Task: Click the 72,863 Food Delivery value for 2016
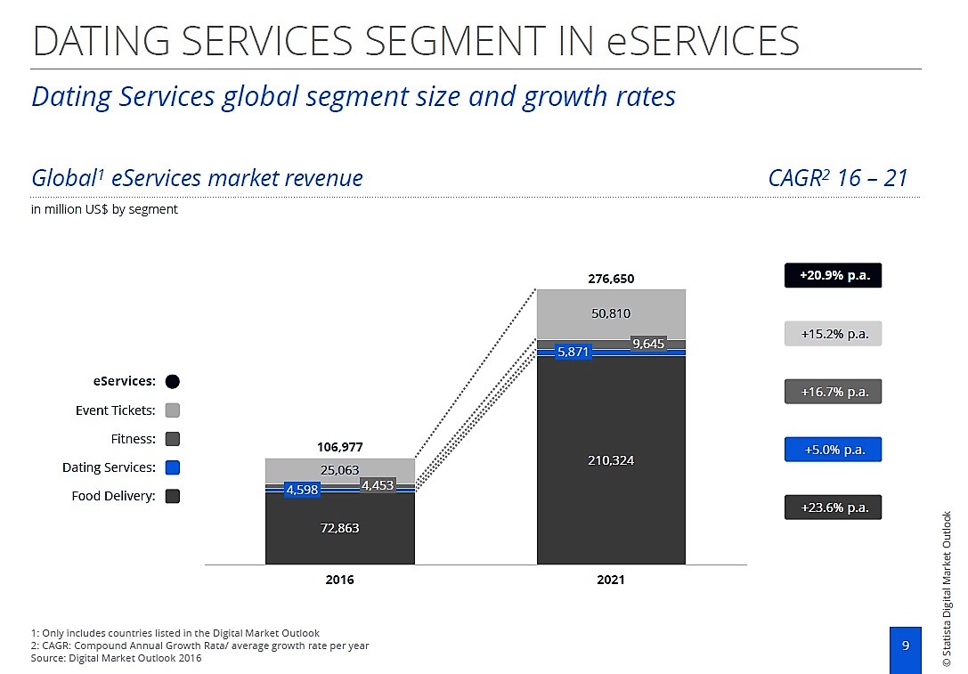(x=339, y=528)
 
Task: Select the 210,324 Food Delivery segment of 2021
(x=611, y=460)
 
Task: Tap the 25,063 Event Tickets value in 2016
(x=339, y=470)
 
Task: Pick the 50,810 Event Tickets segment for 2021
(x=611, y=314)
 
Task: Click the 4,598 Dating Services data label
(x=301, y=489)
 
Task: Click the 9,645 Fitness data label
(x=648, y=344)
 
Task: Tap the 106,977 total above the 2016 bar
(x=339, y=446)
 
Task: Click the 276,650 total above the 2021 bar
(x=611, y=279)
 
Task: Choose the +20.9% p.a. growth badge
(x=833, y=276)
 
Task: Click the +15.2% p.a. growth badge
(x=833, y=334)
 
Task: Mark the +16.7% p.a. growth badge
(x=833, y=392)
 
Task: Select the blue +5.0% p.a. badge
(x=833, y=450)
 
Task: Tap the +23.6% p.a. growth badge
(x=833, y=508)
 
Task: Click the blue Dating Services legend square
(x=173, y=467)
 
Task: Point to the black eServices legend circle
(x=173, y=381)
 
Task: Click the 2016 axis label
(x=339, y=580)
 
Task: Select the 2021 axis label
(x=611, y=580)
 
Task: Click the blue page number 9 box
(x=905, y=646)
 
